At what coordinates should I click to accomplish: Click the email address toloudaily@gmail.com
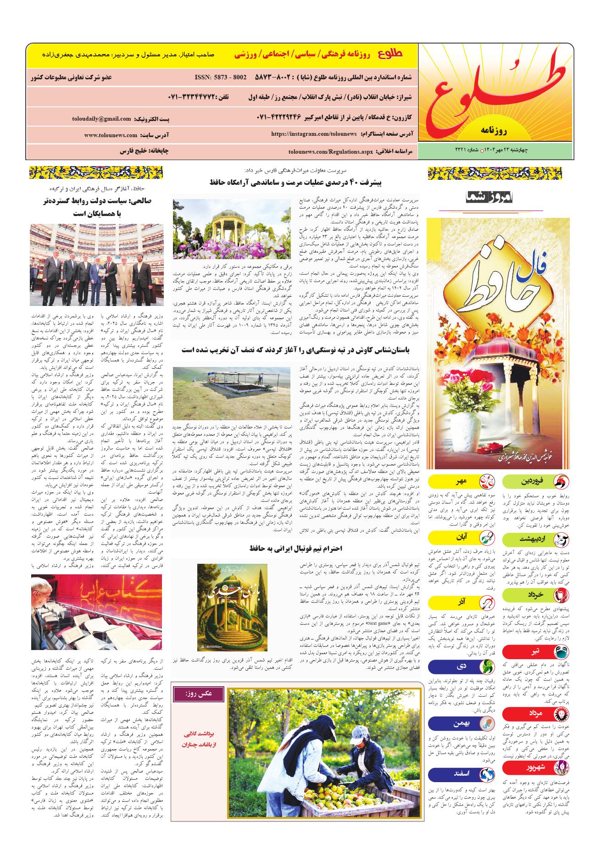(x=101, y=119)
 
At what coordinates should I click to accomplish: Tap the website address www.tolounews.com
(x=111, y=135)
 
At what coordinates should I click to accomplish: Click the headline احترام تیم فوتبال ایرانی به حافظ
(x=295, y=549)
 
